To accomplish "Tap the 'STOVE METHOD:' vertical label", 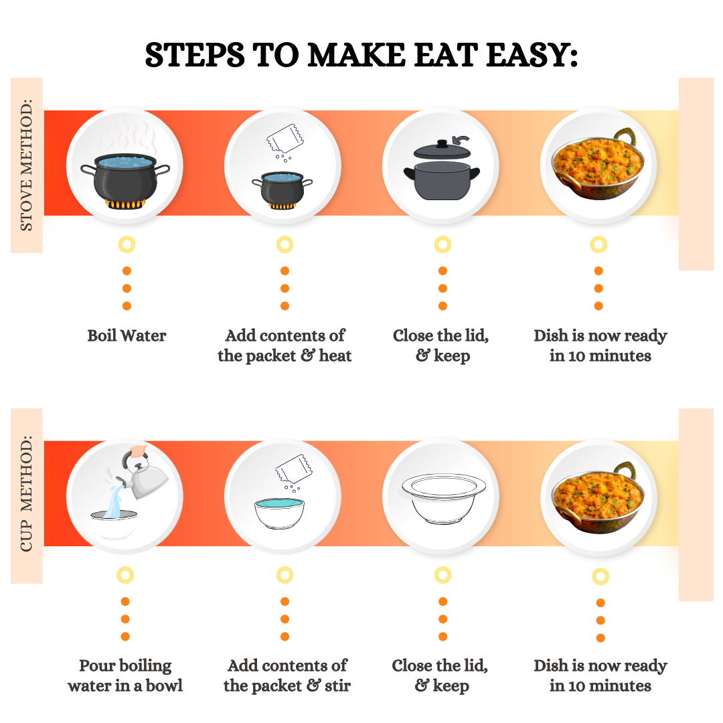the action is [26, 165].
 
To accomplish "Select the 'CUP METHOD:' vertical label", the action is [26, 493].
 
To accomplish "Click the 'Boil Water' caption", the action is [127, 335].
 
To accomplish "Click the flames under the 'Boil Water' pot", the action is [125, 204].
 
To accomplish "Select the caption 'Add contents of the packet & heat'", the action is [285, 346].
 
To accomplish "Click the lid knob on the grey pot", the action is [443, 144].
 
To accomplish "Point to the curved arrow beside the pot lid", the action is [461, 139].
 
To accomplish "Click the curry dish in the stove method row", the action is [598, 165].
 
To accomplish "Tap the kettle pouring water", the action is [143, 477].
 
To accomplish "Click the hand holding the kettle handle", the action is [139, 451].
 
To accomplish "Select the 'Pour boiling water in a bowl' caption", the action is [125, 676].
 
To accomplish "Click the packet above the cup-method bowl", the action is [294, 469].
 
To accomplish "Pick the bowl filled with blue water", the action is [279, 513].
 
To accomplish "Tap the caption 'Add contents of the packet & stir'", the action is [287, 676].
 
